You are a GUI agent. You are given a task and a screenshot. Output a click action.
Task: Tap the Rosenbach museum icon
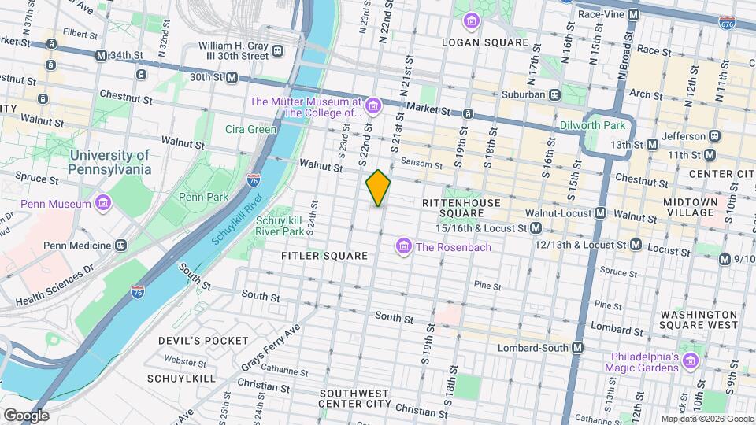click(404, 247)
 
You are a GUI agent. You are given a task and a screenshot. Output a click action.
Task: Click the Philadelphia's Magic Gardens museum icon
click(691, 360)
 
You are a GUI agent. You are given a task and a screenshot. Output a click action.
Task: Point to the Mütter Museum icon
click(372, 105)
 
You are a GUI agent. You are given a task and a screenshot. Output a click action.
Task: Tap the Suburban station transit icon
click(554, 94)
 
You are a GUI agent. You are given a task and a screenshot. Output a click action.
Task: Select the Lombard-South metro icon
click(577, 347)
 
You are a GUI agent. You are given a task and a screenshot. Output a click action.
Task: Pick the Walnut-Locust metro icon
click(600, 213)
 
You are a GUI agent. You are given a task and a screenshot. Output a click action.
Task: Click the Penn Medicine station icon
click(121, 246)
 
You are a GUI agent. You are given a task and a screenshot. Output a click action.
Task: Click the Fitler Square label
click(324, 256)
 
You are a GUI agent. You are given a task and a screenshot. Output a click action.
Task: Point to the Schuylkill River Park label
click(280, 226)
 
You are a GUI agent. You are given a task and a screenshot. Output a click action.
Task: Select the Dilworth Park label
click(591, 125)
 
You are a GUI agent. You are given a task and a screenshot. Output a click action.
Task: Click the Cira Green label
click(250, 129)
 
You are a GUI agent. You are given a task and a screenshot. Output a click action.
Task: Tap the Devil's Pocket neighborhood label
click(192, 340)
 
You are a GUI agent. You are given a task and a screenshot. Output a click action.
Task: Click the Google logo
click(26, 415)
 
